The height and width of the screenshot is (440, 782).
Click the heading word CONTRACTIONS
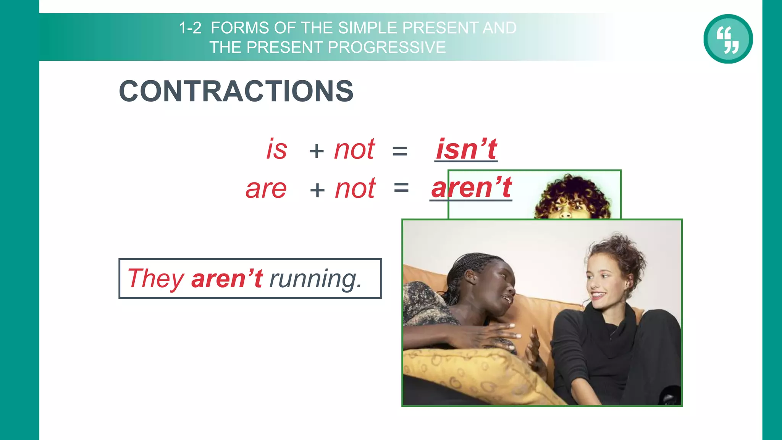[236, 91]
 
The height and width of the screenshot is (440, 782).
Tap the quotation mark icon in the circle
[728, 39]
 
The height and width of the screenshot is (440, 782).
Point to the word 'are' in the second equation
[266, 189]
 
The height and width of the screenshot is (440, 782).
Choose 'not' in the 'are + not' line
[355, 189]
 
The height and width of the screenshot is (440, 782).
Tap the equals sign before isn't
[399, 151]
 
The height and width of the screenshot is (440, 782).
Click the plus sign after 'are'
[317, 190]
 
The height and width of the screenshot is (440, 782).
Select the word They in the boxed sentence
[156, 278]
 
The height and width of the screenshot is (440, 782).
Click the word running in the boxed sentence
[315, 279]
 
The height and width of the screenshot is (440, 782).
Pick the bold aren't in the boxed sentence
[227, 278]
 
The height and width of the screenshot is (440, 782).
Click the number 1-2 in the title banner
[190, 28]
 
